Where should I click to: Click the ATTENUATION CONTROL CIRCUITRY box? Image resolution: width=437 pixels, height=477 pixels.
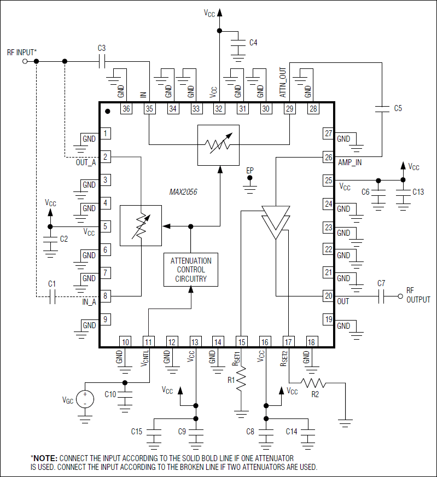(x=191, y=270)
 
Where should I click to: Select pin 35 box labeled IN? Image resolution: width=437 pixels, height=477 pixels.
(x=149, y=109)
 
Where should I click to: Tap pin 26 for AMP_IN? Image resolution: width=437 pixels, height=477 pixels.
(x=328, y=156)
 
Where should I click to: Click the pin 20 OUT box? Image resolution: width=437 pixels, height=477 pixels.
(x=328, y=296)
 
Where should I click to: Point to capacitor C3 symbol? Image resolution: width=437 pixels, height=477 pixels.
(x=102, y=61)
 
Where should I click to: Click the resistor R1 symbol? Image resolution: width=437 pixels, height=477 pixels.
(x=241, y=379)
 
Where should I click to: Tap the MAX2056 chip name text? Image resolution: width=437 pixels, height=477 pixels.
(x=183, y=192)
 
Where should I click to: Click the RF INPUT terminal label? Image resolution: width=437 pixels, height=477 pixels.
(x=22, y=52)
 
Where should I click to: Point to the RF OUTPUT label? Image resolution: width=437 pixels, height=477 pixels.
(x=418, y=295)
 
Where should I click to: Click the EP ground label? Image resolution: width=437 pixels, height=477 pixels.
(x=250, y=171)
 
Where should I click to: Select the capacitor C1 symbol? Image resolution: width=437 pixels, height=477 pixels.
(x=53, y=297)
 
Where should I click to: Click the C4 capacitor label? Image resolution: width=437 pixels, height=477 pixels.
(x=253, y=42)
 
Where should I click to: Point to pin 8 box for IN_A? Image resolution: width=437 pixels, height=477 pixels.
(x=105, y=296)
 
